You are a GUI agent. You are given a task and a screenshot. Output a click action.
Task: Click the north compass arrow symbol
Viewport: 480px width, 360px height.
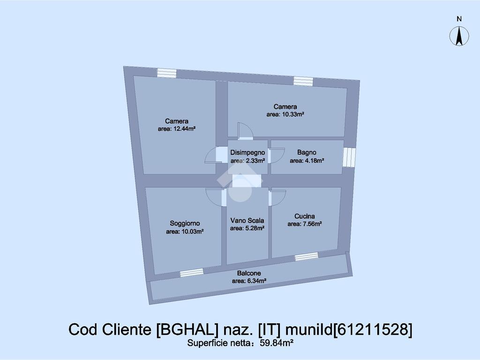click(459, 36)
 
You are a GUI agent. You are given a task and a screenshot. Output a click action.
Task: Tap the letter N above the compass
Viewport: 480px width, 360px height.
click(459, 19)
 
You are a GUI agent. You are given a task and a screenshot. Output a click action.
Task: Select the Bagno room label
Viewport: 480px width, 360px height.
click(307, 152)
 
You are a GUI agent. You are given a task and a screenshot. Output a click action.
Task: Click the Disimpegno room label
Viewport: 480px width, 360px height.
click(247, 152)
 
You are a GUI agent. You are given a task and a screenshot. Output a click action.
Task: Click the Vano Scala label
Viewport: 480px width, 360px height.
click(247, 220)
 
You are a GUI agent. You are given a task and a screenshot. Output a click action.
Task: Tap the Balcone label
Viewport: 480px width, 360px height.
click(249, 273)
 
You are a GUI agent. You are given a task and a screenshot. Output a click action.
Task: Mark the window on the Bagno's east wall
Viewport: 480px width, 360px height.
click(349, 157)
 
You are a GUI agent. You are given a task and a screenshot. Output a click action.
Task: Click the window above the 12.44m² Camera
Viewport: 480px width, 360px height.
click(167, 73)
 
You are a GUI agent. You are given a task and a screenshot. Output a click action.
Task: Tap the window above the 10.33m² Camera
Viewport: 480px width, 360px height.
click(303, 81)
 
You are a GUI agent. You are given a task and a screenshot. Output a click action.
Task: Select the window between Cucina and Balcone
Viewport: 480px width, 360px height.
click(307, 256)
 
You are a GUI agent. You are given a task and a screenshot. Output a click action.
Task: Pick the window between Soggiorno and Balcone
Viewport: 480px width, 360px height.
click(192, 272)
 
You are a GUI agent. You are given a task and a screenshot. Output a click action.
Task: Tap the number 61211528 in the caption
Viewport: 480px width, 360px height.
click(373, 330)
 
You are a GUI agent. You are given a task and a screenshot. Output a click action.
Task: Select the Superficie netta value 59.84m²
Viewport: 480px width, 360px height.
click(277, 343)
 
